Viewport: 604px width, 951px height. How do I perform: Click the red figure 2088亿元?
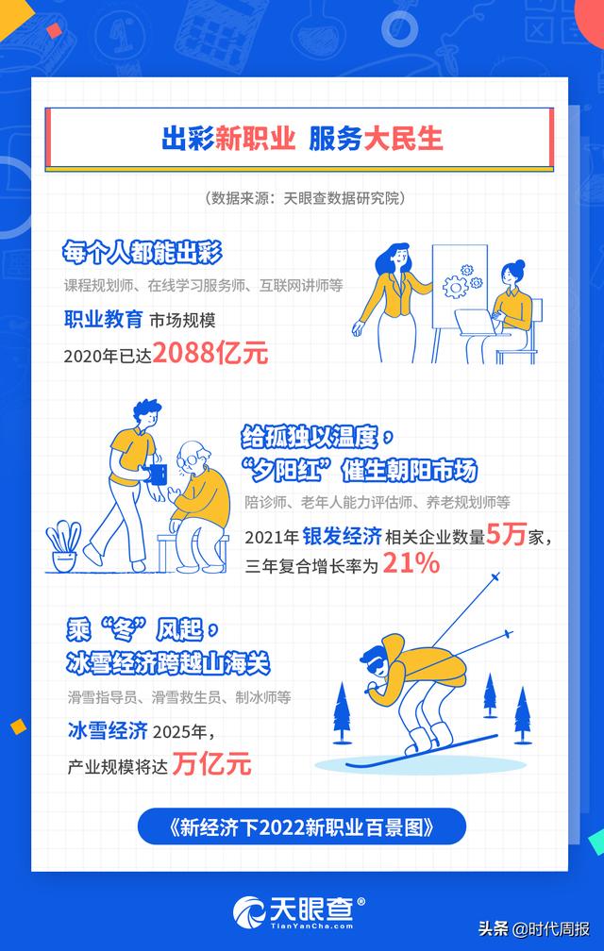pyautogui.click(x=210, y=353)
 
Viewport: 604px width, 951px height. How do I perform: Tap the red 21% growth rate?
pyautogui.click(x=411, y=564)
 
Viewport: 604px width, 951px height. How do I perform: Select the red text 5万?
pyautogui.click(x=506, y=535)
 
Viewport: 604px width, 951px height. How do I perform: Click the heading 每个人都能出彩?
pyautogui.click(x=142, y=253)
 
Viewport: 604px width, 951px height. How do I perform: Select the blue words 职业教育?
pyautogui.click(x=103, y=319)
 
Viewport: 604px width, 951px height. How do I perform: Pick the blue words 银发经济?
pyautogui.click(x=342, y=536)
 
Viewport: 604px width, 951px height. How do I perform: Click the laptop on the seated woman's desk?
pyautogui.click(x=476, y=322)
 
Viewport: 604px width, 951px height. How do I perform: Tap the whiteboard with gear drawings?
pyautogui.click(x=459, y=286)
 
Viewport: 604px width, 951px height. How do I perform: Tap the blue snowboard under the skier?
pyautogui.click(x=422, y=751)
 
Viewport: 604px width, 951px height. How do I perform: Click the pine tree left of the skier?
pyautogui.click(x=342, y=713)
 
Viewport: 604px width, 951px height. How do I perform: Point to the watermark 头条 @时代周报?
pyautogui.click(x=533, y=928)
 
